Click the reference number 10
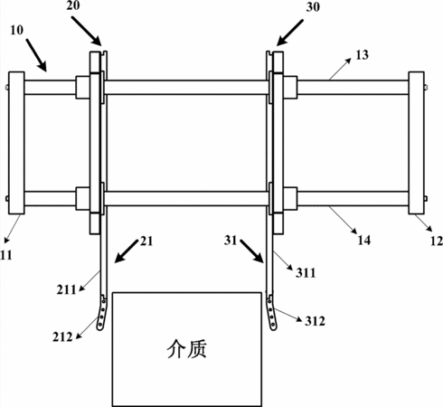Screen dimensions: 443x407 click(17, 30)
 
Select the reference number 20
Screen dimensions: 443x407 click(73, 5)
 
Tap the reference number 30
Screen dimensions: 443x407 click(313, 7)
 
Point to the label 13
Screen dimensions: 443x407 click(363, 55)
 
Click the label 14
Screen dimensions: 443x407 click(363, 241)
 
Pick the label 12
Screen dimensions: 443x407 click(437, 241)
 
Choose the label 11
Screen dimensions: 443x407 click(6, 255)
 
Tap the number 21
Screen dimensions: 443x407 click(146, 241)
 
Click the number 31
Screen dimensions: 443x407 click(231, 241)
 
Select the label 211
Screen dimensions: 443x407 click(67, 289)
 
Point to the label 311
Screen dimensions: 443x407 click(306, 273)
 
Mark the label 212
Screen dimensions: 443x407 click(62, 336)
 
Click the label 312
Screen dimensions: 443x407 click(315, 321)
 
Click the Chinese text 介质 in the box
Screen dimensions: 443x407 click(187, 349)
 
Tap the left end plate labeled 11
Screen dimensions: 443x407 click(16, 143)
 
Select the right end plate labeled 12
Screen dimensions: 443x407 click(416, 143)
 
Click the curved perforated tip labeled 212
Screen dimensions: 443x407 click(102, 314)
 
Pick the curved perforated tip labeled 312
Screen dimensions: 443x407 click(272, 314)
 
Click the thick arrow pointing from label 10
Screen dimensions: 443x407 click(36, 55)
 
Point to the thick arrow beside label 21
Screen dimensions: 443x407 click(127, 251)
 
